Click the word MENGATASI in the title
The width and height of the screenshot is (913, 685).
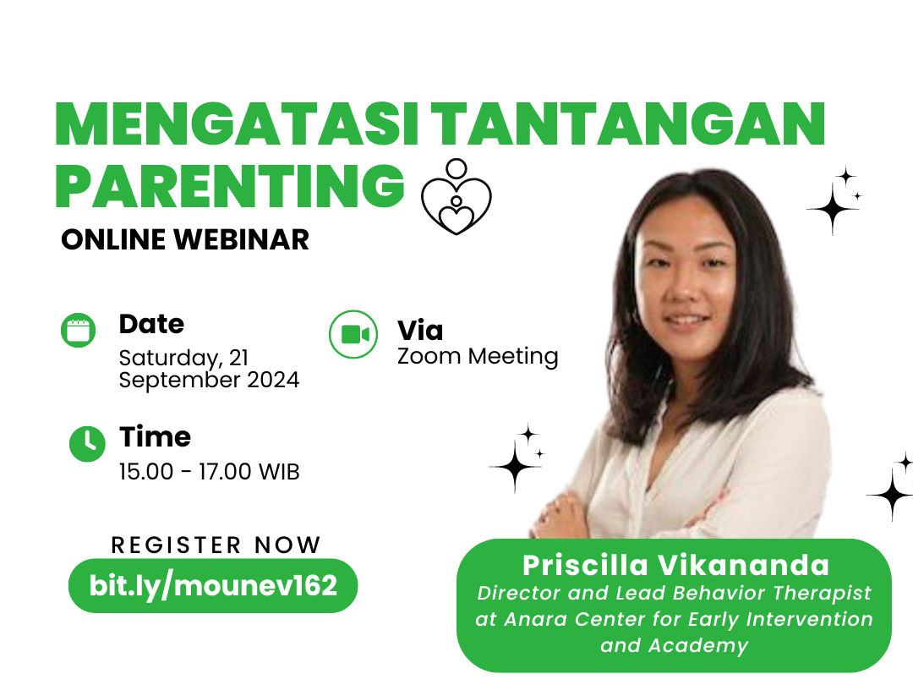click(237, 124)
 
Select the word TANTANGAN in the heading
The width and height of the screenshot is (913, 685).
click(631, 124)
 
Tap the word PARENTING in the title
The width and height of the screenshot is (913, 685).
click(229, 185)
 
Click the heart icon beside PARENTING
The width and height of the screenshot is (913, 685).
click(456, 197)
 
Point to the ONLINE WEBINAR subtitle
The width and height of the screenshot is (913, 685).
click(185, 240)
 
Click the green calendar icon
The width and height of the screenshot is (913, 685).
click(78, 331)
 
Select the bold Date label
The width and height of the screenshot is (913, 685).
click(151, 324)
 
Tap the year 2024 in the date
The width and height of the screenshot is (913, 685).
click(273, 380)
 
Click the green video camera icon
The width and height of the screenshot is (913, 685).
click(353, 334)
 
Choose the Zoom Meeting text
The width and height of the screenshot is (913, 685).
click(478, 356)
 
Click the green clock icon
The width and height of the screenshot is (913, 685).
click(87, 444)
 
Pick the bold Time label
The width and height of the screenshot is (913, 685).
click(155, 437)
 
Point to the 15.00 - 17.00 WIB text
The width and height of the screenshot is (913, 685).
click(209, 472)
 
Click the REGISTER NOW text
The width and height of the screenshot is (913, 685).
click(216, 545)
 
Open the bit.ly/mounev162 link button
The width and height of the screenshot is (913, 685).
click(213, 585)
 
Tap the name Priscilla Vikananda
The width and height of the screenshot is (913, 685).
click(676, 565)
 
